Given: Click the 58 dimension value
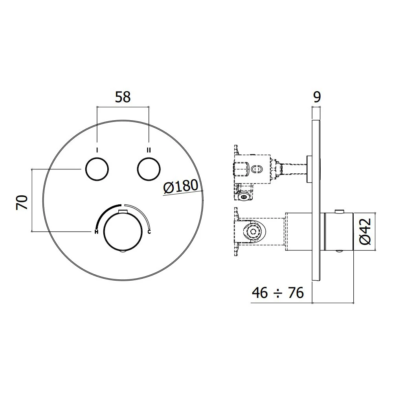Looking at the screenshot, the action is pyautogui.click(x=123, y=97).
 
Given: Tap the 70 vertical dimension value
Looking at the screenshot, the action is pyautogui.click(x=22, y=202).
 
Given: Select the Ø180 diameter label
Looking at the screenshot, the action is pyautogui.click(x=180, y=186).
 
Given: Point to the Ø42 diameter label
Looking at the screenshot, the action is pyautogui.click(x=365, y=231).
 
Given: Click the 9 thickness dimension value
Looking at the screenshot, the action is pyautogui.click(x=317, y=97).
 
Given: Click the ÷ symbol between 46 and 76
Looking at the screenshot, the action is pyautogui.click(x=278, y=293).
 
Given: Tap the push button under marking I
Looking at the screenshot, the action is pyautogui.click(x=97, y=169).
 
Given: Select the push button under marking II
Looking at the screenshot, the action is pyautogui.click(x=149, y=169).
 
